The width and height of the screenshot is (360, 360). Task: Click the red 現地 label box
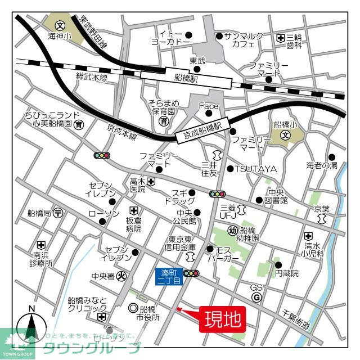click(x=223, y=319)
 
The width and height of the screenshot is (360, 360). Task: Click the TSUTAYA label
click(x=255, y=169)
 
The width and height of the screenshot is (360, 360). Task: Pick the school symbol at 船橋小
click(x=285, y=136)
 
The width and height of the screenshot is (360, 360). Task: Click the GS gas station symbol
click(x=256, y=298)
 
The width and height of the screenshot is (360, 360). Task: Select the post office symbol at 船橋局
click(x=58, y=213)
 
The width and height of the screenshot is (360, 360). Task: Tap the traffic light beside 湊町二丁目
click(x=192, y=274)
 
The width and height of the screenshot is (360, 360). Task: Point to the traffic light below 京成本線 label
click(x=102, y=155)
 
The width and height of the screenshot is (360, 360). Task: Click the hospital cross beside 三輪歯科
click(x=280, y=38)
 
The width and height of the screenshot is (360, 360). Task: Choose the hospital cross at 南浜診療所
click(x=40, y=245)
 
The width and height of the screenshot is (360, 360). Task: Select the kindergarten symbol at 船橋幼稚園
click(x=232, y=229)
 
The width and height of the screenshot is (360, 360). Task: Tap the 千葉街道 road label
click(x=296, y=314)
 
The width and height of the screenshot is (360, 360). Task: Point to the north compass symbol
click(x=32, y=328)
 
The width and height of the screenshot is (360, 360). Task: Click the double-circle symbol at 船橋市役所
click(x=133, y=308)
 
